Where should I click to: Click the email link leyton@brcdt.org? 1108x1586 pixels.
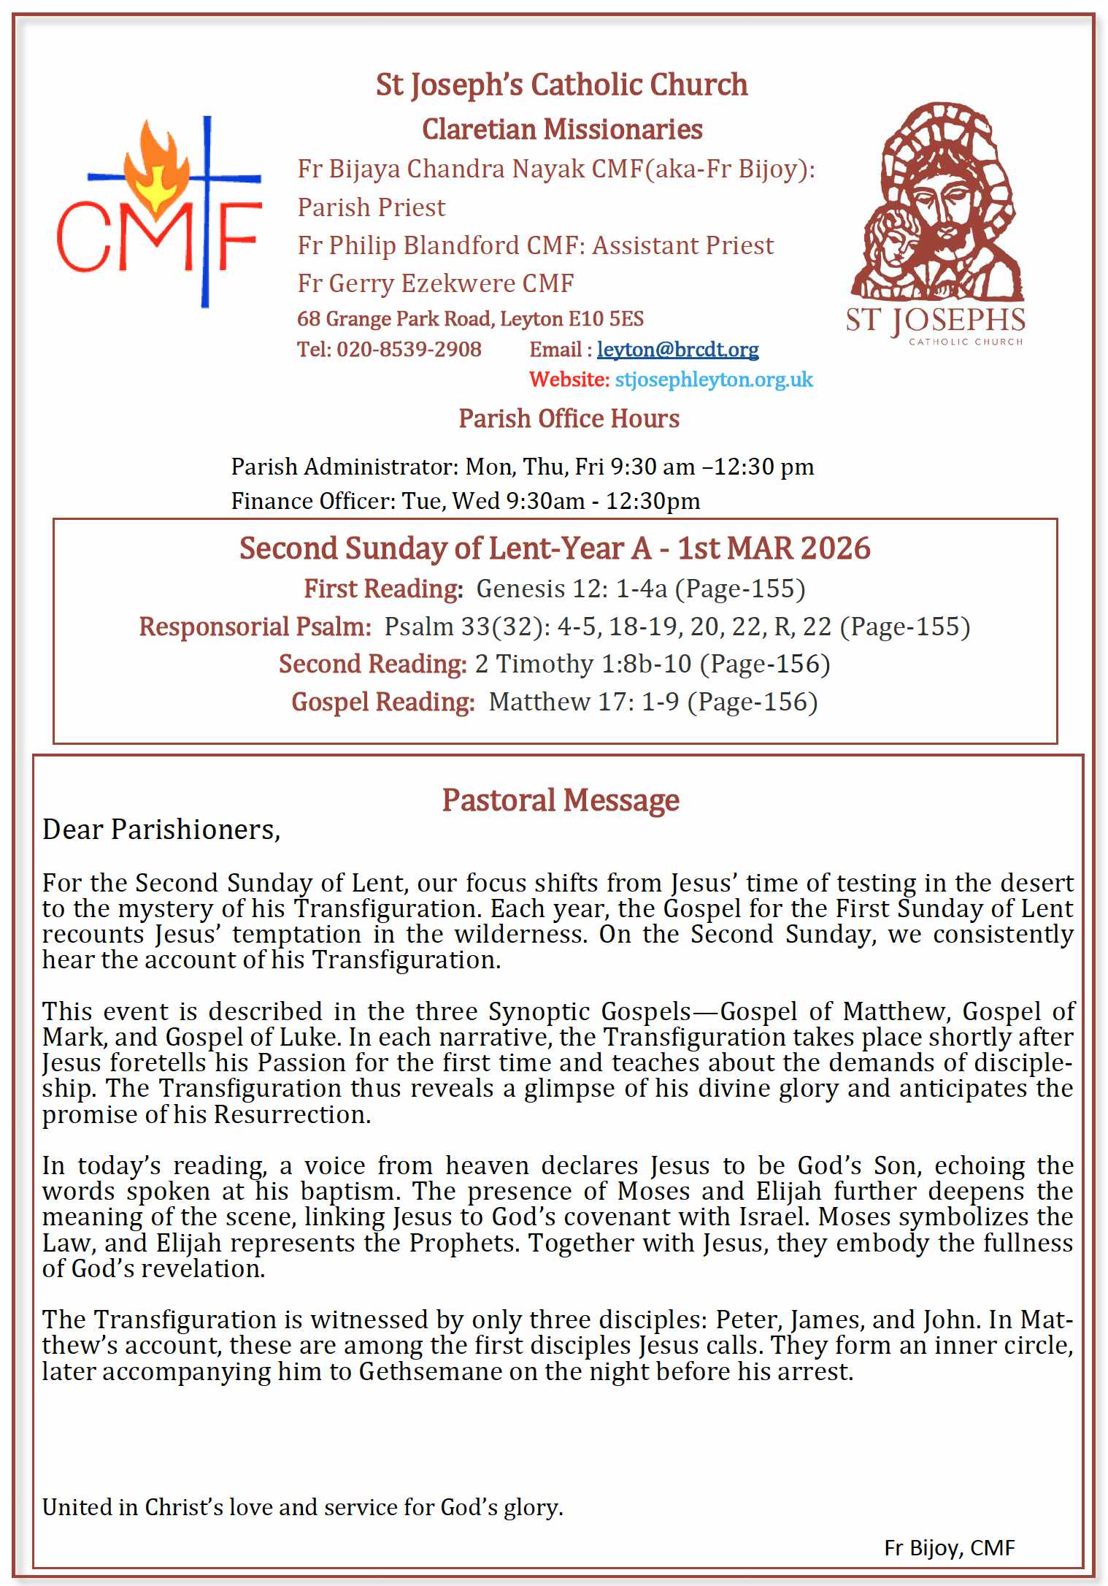click(x=677, y=350)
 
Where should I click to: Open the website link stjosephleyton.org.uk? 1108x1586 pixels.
click(x=713, y=380)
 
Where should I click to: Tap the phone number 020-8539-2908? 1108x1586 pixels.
click(x=409, y=350)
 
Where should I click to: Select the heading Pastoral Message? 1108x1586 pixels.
click(x=561, y=800)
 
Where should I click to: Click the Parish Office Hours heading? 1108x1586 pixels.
click(x=569, y=418)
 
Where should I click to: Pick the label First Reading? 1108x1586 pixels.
click(x=383, y=589)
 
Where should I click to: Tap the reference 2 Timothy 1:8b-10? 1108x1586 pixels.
click(x=582, y=664)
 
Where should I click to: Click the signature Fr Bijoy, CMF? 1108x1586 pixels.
click(x=949, y=1547)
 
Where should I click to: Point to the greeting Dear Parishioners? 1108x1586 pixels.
click(x=161, y=830)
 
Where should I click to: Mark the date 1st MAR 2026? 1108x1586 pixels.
click(x=774, y=548)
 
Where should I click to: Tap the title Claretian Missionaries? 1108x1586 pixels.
click(x=562, y=129)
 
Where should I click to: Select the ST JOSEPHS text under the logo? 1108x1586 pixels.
click(x=935, y=321)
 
